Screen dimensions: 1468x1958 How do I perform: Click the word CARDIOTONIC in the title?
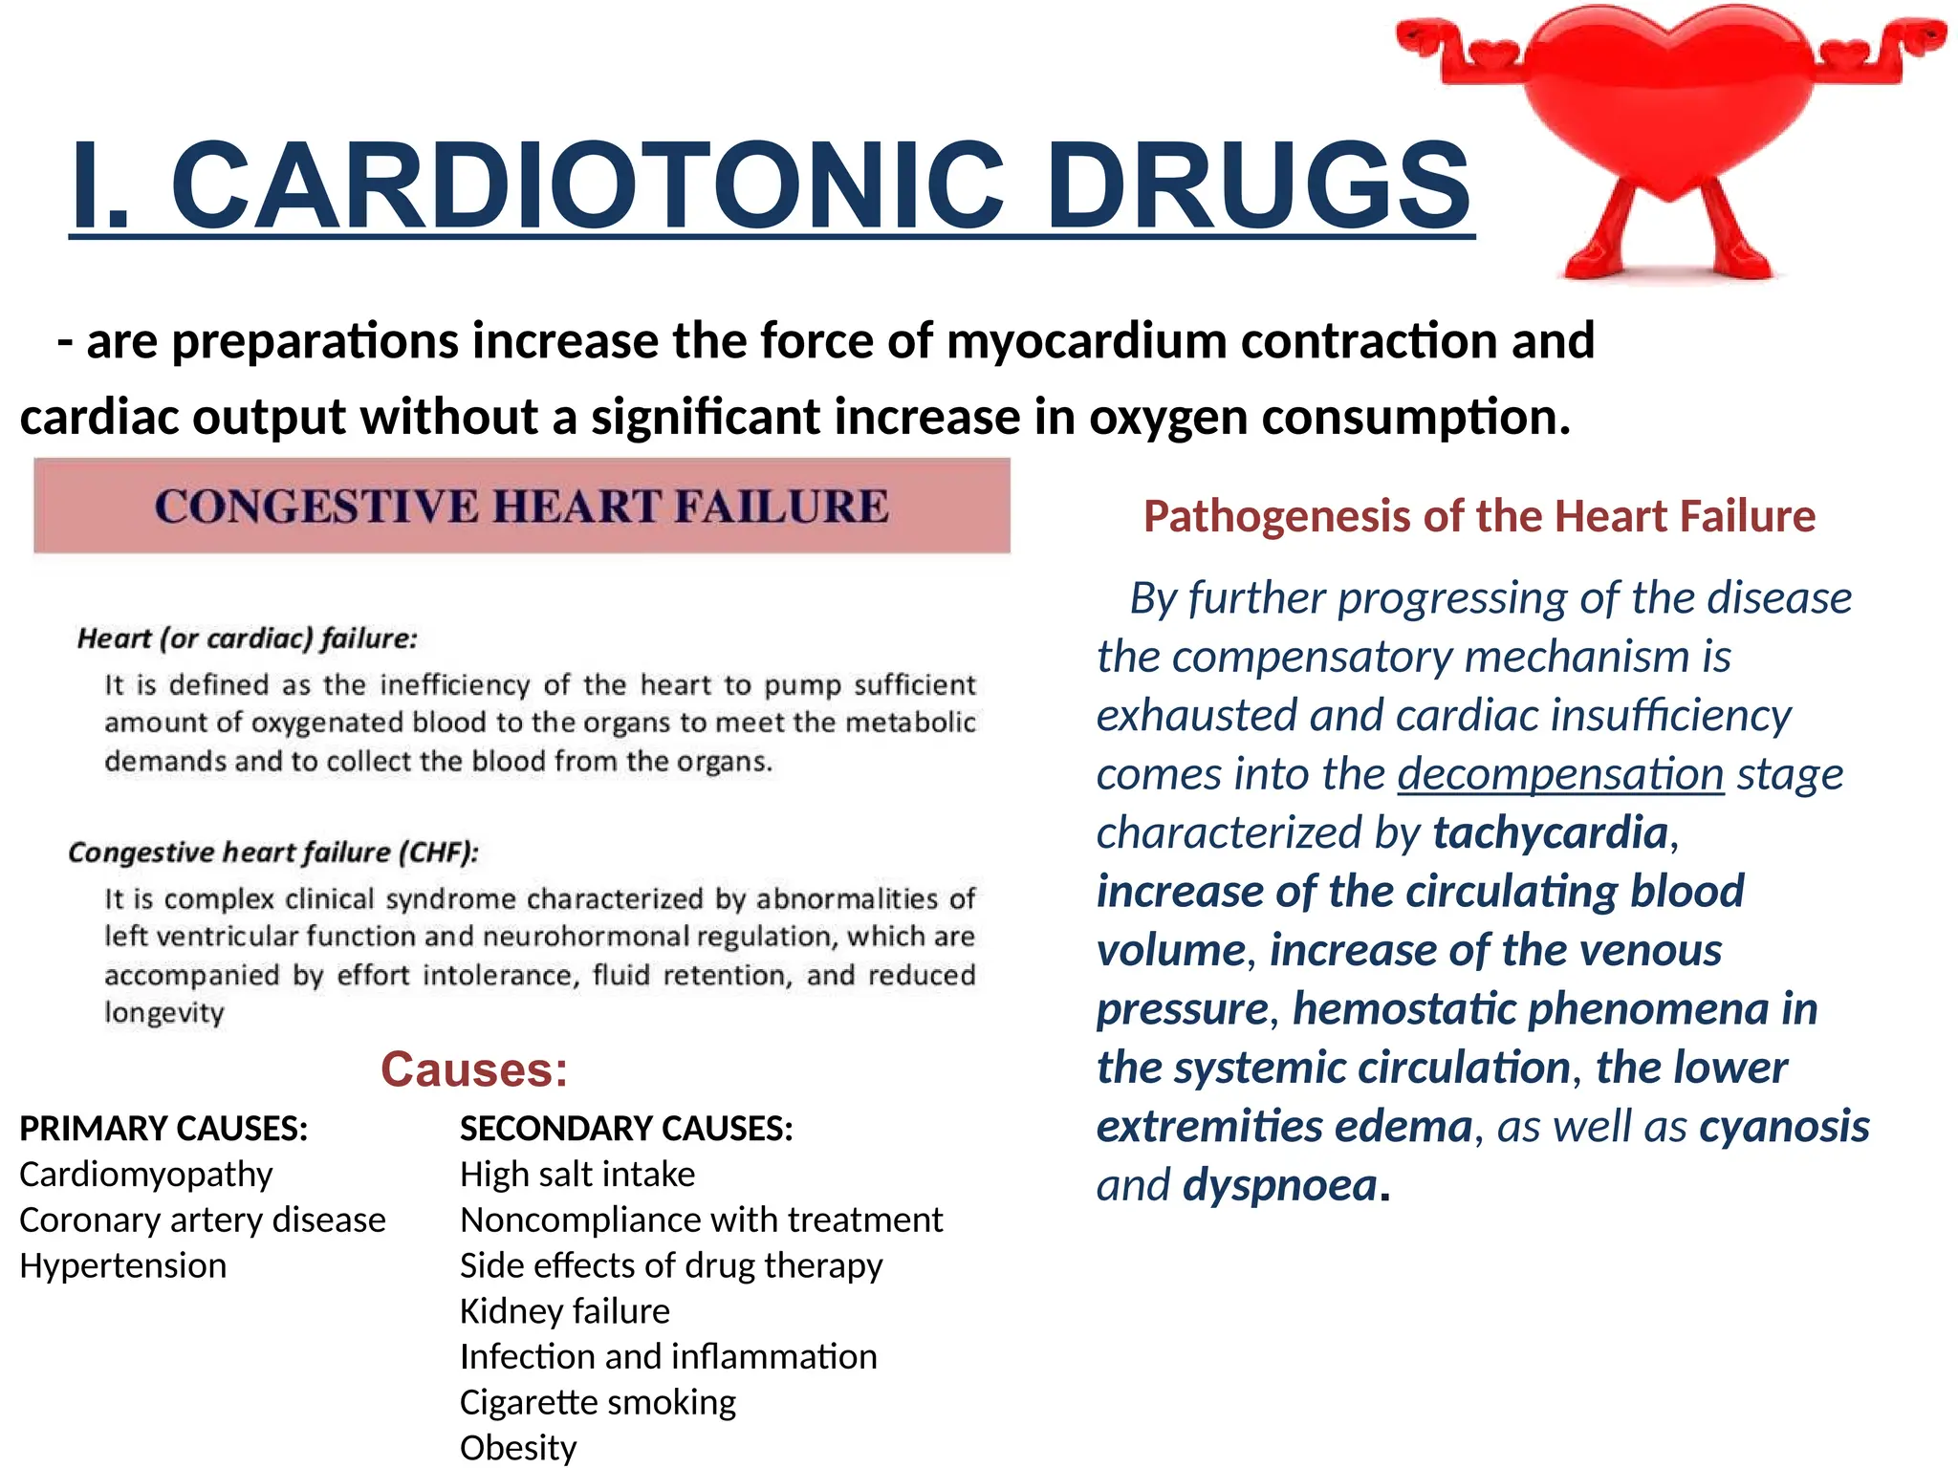(x=587, y=184)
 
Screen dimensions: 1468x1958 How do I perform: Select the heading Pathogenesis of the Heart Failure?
(x=1479, y=516)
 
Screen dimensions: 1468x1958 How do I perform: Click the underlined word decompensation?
(x=1560, y=774)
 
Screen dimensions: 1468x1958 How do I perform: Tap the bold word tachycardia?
(x=1550, y=832)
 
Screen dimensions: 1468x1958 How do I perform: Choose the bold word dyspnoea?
(x=1279, y=1185)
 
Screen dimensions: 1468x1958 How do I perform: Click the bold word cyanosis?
(x=1784, y=1127)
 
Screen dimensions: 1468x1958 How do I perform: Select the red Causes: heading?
(x=474, y=1069)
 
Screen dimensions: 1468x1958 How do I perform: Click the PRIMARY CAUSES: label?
(x=163, y=1129)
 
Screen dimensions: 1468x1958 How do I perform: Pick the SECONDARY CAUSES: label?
(x=626, y=1129)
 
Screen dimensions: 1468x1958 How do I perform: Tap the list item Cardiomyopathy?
(x=145, y=1174)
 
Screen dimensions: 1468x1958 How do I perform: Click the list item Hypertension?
(x=122, y=1265)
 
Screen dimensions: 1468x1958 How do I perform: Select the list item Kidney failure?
(x=564, y=1311)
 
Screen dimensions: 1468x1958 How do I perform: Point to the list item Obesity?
(x=518, y=1447)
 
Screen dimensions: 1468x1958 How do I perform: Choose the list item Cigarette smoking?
(x=598, y=1402)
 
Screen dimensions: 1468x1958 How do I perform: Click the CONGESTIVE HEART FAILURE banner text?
(x=521, y=506)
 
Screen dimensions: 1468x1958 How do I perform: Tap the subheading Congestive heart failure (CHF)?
(x=273, y=852)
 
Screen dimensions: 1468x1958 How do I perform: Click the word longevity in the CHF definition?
(x=164, y=1012)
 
